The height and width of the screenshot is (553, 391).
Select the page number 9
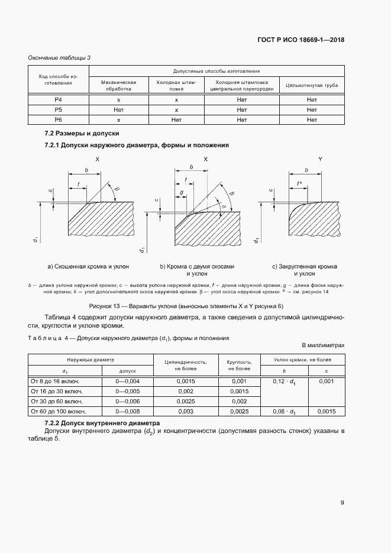click(x=342, y=503)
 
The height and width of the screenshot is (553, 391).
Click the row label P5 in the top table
click(x=58, y=109)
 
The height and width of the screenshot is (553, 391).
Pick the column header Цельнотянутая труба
click(x=312, y=86)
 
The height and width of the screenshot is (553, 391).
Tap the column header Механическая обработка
click(x=118, y=86)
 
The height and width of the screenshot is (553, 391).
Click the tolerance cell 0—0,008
click(x=128, y=411)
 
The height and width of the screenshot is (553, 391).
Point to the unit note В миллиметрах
click(x=322, y=344)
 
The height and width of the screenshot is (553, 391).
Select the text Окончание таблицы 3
click(x=59, y=57)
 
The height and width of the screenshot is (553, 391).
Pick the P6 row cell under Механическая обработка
click(x=118, y=119)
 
